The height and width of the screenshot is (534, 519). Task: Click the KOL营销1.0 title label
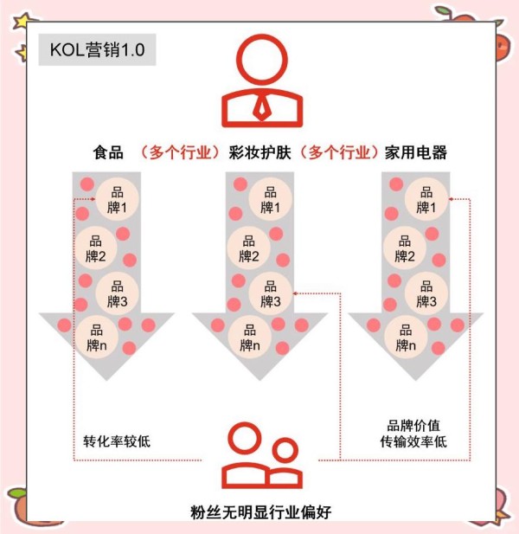[97, 50]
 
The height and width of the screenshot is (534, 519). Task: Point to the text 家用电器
[416, 152]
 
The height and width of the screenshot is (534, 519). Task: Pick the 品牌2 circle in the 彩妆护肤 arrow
[249, 248]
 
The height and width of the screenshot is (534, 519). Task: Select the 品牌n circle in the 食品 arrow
[97, 338]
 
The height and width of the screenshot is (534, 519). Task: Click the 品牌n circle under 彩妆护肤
[249, 338]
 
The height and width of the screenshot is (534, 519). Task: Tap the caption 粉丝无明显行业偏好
[260, 512]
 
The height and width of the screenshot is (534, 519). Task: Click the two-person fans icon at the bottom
[260, 459]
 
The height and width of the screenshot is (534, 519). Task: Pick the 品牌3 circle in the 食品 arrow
[117, 293]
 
